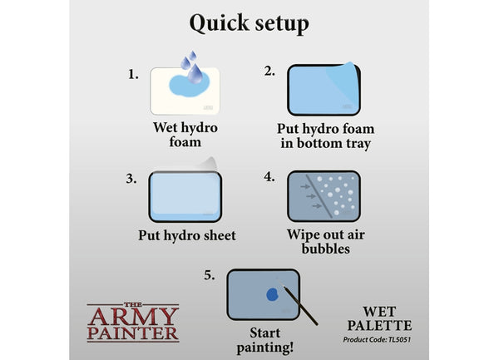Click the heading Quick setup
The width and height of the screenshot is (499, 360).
[x=249, y=23]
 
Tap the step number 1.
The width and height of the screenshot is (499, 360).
[x=133, y=75]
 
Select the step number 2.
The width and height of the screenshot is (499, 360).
[x=269, y=72]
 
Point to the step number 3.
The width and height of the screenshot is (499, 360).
[x=131, y=179]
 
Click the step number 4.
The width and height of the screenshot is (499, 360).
[x=269, y=177]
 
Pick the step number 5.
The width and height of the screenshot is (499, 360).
[x=210, y=275]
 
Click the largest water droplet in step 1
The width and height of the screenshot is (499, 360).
[x=195, y=74]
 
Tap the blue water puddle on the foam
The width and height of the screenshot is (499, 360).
[x=188, y=86]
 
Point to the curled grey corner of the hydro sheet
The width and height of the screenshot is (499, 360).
[x=209, y=164]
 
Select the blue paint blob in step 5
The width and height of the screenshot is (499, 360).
[x=273, y=294]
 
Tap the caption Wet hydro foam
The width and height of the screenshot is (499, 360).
[x=185, y=135]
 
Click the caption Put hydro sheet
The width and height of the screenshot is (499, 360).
[x=187, y=235]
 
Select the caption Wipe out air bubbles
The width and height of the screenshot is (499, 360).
[x=325, y=242]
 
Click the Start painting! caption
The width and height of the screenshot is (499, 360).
[x=265, y=340]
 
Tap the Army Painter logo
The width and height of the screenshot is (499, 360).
[x=133, y=322]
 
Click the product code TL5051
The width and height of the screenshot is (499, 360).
[x=399, y=340]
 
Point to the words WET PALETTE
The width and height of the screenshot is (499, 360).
[x=379, y=318]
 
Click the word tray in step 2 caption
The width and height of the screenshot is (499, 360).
[x=358, y=144]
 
